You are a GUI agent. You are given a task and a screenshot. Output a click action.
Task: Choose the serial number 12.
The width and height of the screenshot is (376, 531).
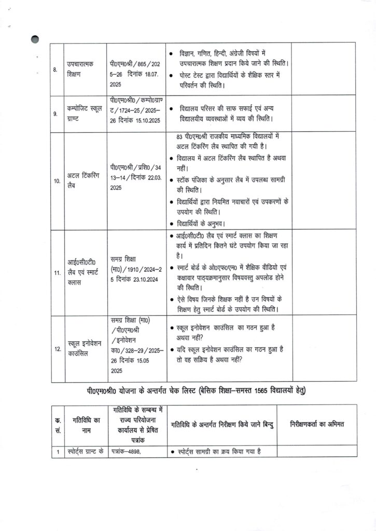pos(57,349)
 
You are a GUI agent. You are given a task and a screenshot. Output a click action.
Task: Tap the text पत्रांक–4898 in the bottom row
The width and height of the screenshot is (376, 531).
pos(127,451)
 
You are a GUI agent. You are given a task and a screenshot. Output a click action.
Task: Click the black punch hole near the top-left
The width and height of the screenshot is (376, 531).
pos(35,39)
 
